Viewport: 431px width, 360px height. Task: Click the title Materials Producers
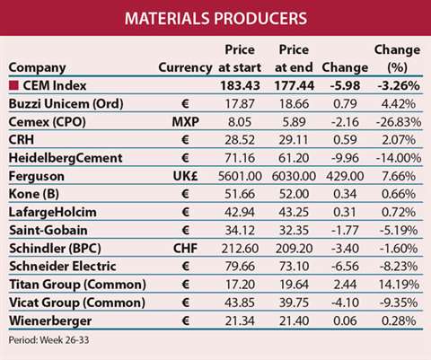coord(215,18)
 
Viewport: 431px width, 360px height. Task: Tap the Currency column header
coord(185,67)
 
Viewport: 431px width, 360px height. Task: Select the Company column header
coord(37,68)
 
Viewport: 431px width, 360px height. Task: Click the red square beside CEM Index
coord(13,86)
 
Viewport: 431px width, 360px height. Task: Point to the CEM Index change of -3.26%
coord(399,86)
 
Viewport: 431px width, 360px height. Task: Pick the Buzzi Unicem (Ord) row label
coord(66,104)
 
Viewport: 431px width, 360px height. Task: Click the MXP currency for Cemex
coord(186,122)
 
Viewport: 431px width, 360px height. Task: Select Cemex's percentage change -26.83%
coord(399,122)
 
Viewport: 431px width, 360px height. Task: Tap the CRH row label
coord(22,140)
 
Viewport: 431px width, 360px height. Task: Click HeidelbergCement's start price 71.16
coord(240,158)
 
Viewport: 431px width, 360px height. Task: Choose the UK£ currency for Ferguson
coord(186,176)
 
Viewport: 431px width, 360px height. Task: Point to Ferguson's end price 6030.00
coord(294,176)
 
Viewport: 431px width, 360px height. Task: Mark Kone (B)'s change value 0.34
coord(345,194)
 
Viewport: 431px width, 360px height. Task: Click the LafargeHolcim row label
coord(53,212)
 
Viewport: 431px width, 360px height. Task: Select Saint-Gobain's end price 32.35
coord(294,231)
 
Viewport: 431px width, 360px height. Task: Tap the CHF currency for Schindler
coord(186,249)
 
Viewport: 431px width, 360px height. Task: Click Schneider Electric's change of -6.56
coord(345,267)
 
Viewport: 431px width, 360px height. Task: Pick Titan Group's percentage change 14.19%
coord(399,285)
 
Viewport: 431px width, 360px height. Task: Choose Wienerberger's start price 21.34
coord(240,320)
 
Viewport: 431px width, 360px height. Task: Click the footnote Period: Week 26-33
coord(48,340)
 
